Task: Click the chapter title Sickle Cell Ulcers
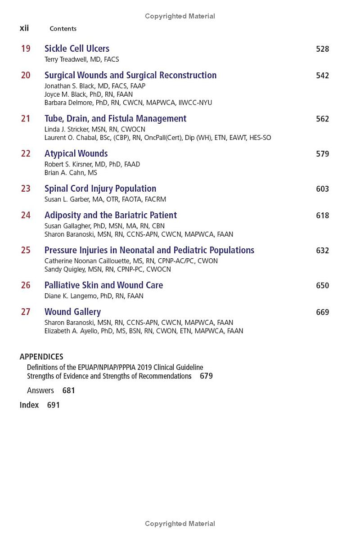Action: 76,49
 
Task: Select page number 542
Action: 322,76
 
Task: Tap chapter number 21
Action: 26,119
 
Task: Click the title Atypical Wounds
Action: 76,154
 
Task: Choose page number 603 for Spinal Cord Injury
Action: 322,189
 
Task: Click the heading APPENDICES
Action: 41,357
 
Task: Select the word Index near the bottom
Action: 29,405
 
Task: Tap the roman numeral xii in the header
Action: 24,28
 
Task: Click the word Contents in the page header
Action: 63,29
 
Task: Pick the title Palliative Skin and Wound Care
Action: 103,285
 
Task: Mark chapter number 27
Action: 26,312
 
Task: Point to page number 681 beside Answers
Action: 68,391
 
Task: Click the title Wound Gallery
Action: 72,312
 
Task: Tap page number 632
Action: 322,251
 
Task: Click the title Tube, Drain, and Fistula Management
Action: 115,119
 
